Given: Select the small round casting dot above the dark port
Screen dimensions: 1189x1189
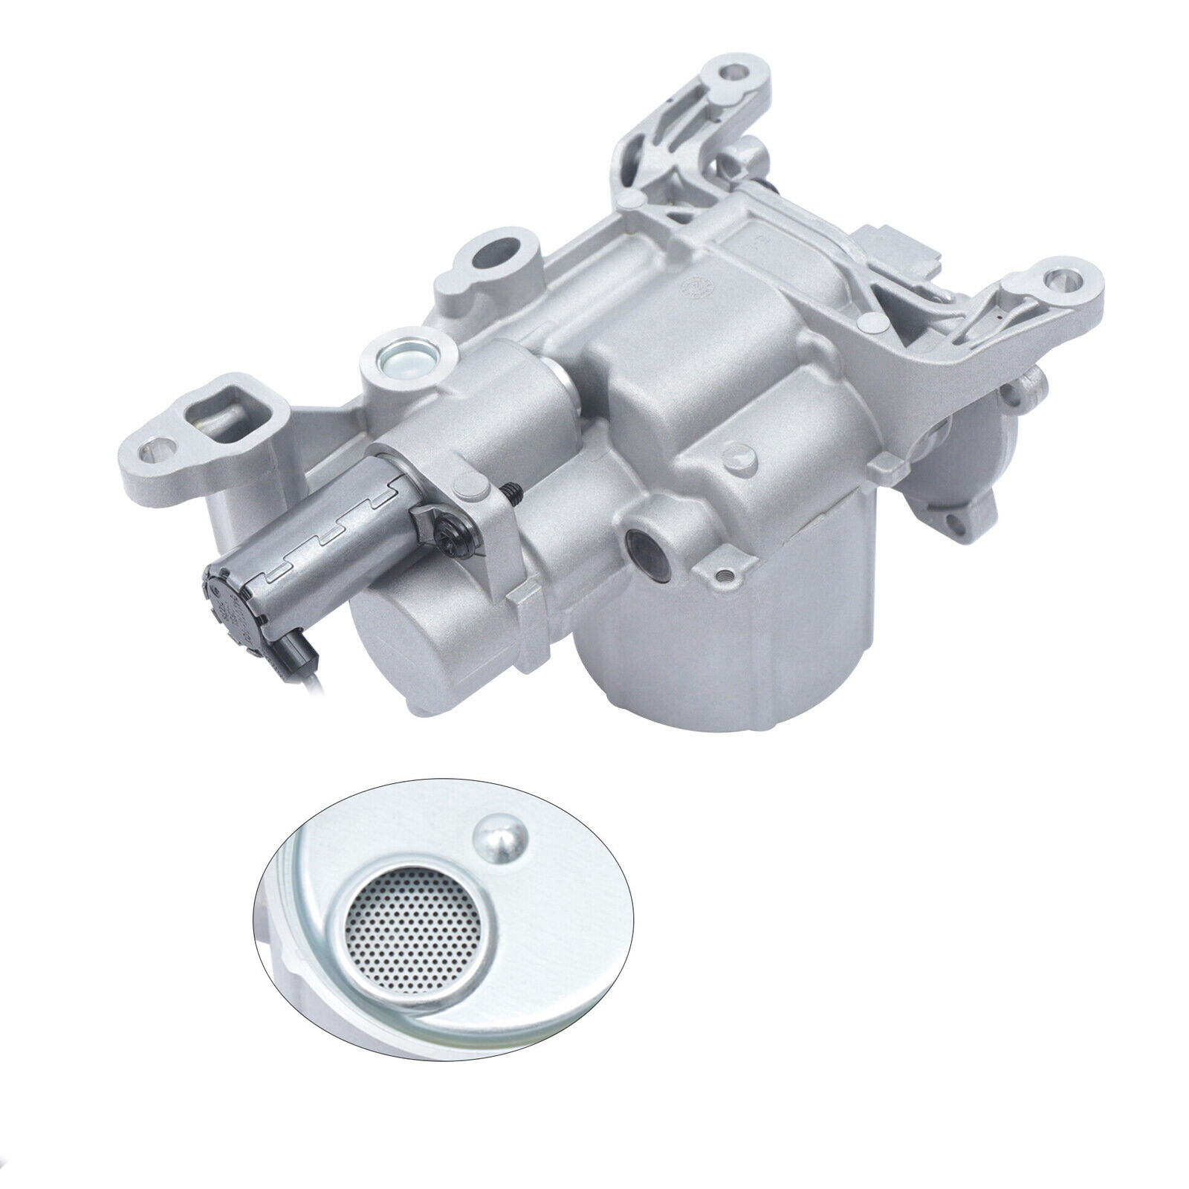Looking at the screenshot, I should click(x=736, y=450).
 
